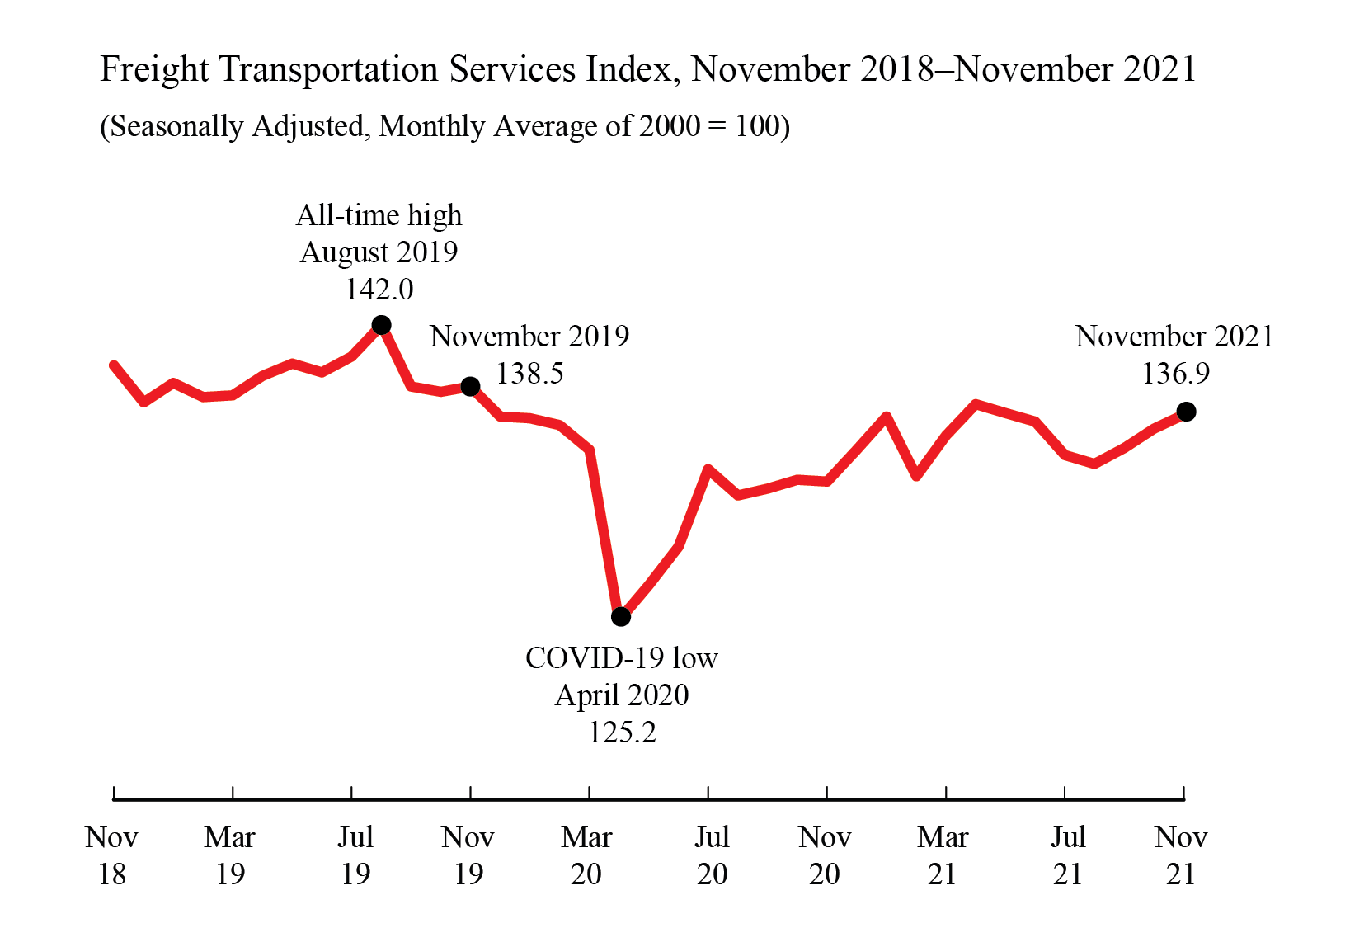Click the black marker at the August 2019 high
click(x=381, y=325)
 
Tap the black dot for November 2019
click(x=470, y=386)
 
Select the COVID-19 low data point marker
click(x=621, y=616)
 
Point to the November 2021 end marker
click(x=1186, y=411)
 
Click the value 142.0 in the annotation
click(x=379, y=290)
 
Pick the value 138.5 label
click(x=529, y=374)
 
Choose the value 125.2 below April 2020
click(x=622, y=733)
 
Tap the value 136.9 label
click(x=1175, y=374)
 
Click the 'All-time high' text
click(x=379, y=215)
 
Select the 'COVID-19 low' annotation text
click(x=622, y=658)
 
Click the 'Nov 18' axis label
click(x=112, y=855)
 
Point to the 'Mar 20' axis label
click(x=586, y=855)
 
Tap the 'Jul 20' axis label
click(x=712, y=855)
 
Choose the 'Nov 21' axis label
click(x=1181, y=855)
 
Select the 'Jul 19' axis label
click(x=355, y=855)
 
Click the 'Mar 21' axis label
click(x=943, y=855)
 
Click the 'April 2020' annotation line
click(x=622, y=695)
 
